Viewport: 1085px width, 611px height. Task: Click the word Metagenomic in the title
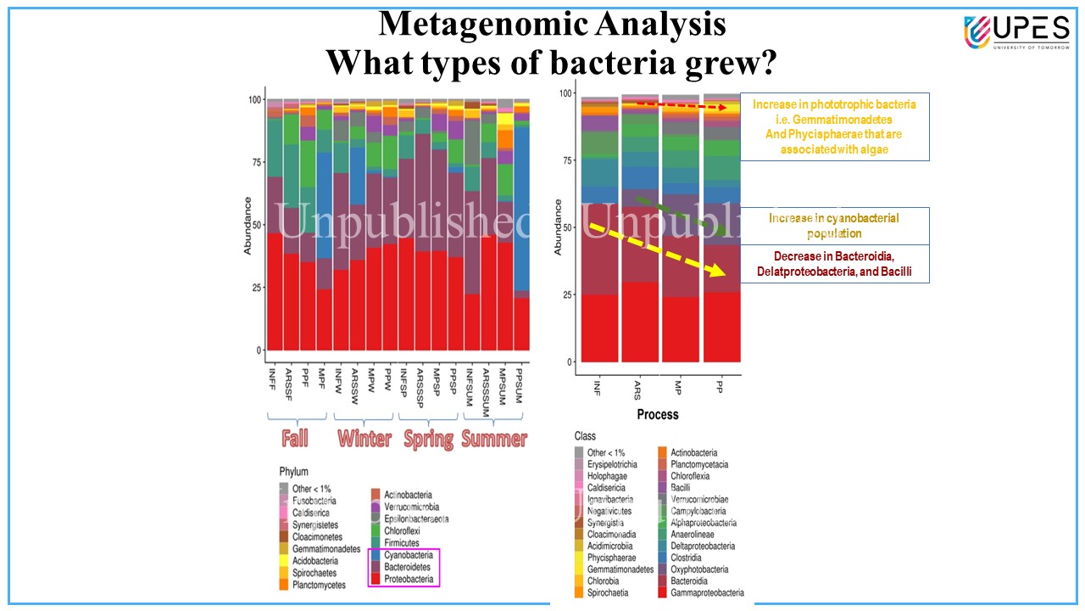473,24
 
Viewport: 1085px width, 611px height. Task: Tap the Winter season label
364,439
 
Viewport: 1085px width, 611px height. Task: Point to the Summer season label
494,439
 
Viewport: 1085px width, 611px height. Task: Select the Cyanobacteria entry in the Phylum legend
408,555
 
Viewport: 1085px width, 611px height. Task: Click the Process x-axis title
658,414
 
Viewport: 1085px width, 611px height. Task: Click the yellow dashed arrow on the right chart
658,250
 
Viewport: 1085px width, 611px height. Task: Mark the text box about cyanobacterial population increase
834,226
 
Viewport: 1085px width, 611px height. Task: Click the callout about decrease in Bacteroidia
834,264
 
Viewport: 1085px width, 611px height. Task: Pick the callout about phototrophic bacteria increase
834,126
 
